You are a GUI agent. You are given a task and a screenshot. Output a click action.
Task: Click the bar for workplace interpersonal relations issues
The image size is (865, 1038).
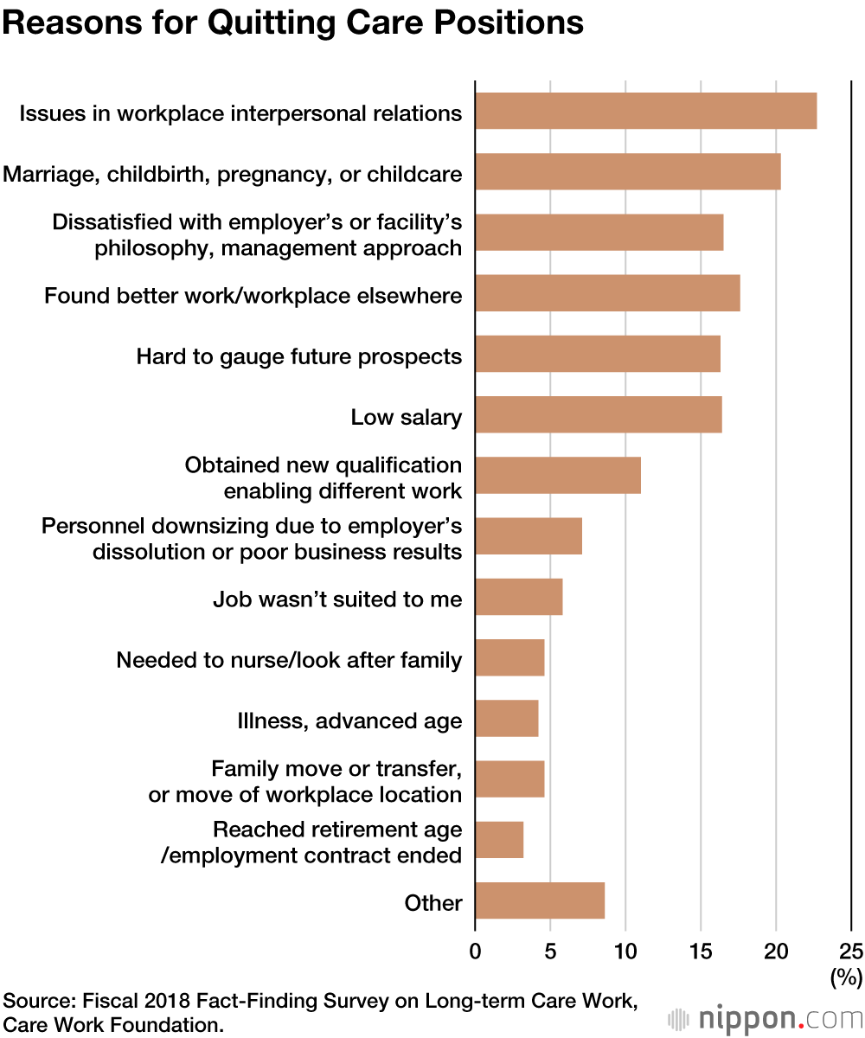(x=645, y=111)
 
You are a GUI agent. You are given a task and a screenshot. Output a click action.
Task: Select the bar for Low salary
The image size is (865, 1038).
(x=598, y=414)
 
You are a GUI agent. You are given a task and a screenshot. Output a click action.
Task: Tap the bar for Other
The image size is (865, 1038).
(x=539, y=900)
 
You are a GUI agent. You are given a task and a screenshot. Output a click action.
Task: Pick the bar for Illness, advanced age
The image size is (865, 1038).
(x=506, y=718)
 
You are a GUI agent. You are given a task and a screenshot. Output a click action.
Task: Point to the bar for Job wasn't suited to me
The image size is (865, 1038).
(x=518, y=597)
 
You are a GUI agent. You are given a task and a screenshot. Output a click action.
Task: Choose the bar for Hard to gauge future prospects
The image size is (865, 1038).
(x=597, y=354)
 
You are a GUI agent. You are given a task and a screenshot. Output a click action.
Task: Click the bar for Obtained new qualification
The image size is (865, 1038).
(x=557, y=475)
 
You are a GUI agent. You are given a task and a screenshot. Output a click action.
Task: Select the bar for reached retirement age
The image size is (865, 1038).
(x=498, y=839)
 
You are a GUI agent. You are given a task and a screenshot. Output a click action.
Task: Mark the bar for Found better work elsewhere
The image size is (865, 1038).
(x=607, y=293)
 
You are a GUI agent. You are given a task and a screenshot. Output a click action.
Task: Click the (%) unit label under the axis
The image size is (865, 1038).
(x=846, y=978)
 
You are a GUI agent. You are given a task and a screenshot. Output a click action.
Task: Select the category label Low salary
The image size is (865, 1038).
(x=406, y=418)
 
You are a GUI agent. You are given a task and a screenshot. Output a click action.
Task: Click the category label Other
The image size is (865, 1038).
(x=433, y=903)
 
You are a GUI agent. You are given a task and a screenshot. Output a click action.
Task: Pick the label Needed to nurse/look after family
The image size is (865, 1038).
(x=289, y=661)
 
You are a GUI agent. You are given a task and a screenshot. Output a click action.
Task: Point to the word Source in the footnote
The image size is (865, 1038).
(x=38, y=1002)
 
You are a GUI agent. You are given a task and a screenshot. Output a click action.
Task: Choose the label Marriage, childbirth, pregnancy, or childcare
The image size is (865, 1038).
(x=232, y=175)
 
